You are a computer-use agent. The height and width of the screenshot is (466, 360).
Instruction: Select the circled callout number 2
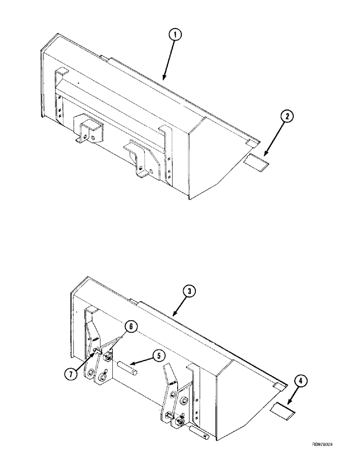(x=287, y=117)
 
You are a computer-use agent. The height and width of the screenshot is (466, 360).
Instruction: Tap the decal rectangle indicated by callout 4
(x=283, y=411)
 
